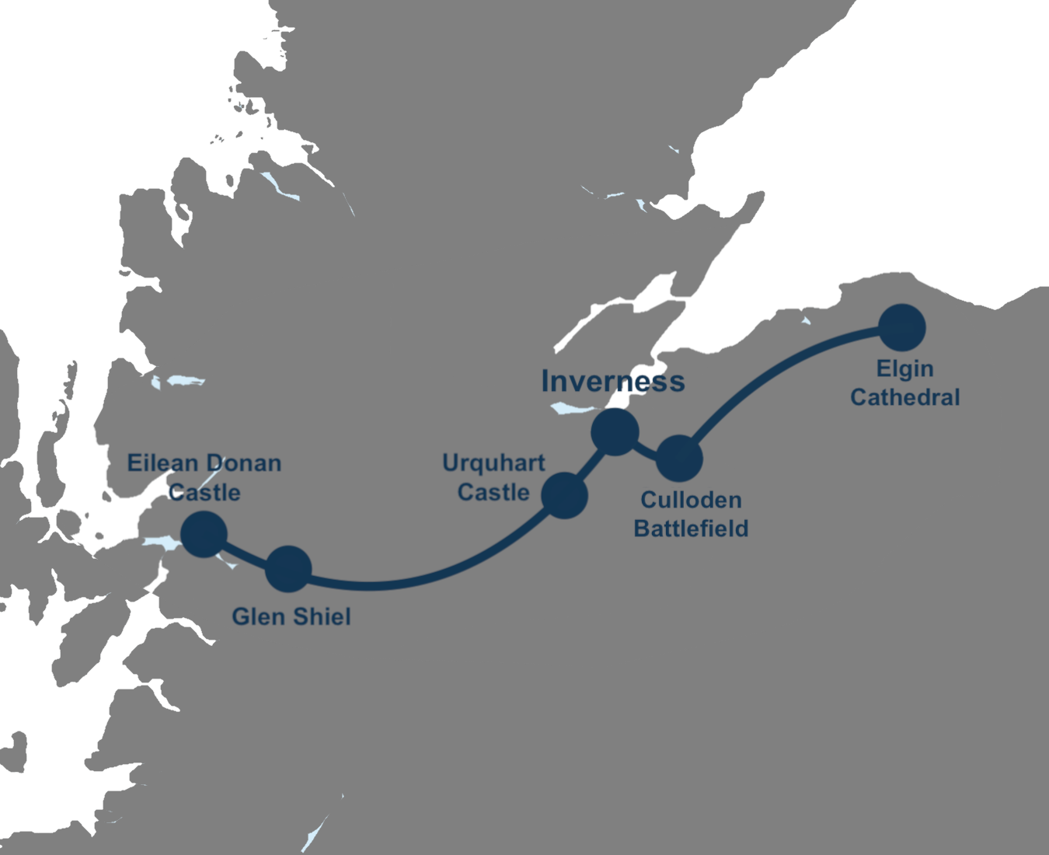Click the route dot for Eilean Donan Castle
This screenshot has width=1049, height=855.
(x=204, y=534)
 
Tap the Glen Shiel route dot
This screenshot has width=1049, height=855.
(x=288, y=569)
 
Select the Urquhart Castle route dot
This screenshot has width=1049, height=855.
(x=563, y=494)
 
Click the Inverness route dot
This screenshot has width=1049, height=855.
(x=615, y=431)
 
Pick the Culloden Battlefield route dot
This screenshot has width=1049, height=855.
(x=680, y=459)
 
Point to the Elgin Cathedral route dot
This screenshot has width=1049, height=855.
(x=902, y=327)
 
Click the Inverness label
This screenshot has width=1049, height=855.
(x=613, y=381)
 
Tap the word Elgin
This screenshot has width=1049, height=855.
(x=904, y=368)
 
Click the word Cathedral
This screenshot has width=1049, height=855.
(x=904, y=397)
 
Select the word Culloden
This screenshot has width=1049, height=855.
(x=691, y=500)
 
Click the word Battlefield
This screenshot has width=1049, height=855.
(x=691, y=529)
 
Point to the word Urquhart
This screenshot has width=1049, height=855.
(x=493, y=463)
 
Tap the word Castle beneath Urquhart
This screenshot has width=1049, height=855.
(x=493, y=492)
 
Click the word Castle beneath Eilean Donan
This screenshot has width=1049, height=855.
(x=204, y=492)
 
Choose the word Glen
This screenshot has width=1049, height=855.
(x=257, y=616)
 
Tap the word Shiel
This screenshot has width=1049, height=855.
(x=319, y=616)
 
